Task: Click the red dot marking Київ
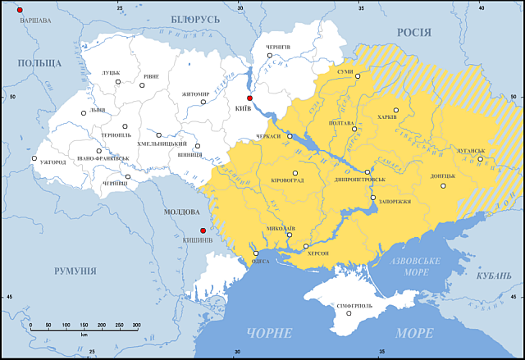click(x=250, y=98)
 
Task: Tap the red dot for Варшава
click(x=20, y=9)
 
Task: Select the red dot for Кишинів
click(x=203, y=230)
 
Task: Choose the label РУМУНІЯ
click(x=75, y=271)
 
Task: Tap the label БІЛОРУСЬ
click(x=196, y=19)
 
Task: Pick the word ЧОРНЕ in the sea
click(x=268, y=333)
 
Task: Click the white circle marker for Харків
click(x=396, y=110)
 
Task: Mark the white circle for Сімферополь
click(x=349, y=312)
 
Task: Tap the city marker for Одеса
click(x=255, y=253)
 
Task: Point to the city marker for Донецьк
click(x=443, y=185)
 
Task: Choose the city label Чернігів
click(x=279, y=47)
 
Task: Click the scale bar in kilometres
click(x=83, y=326)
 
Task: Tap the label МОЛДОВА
click(x=182, y=212)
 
